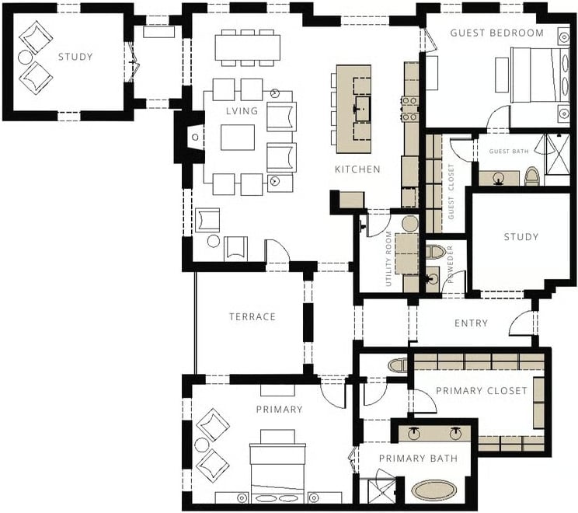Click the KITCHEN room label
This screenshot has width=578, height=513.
(357, 169)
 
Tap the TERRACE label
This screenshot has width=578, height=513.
(252, 317)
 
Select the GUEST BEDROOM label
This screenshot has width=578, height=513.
(497, 33)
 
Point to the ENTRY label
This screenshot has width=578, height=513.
(471, 323)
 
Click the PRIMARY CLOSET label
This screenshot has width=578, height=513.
(482, 391)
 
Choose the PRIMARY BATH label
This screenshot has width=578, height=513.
(419, 459)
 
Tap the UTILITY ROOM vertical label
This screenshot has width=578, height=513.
(388, 259)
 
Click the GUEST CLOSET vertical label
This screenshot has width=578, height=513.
(451, 192)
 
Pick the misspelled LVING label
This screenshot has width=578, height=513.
(242, 111)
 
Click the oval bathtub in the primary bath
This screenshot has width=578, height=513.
(433, 490)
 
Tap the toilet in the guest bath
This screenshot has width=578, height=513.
(531, 176)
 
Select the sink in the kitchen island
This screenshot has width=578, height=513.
(363, 109)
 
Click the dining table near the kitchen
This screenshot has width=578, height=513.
(247, 48)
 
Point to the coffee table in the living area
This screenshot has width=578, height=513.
(238, 138)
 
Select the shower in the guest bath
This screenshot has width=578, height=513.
(557, 155)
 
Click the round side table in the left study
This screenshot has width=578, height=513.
(26, 58)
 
